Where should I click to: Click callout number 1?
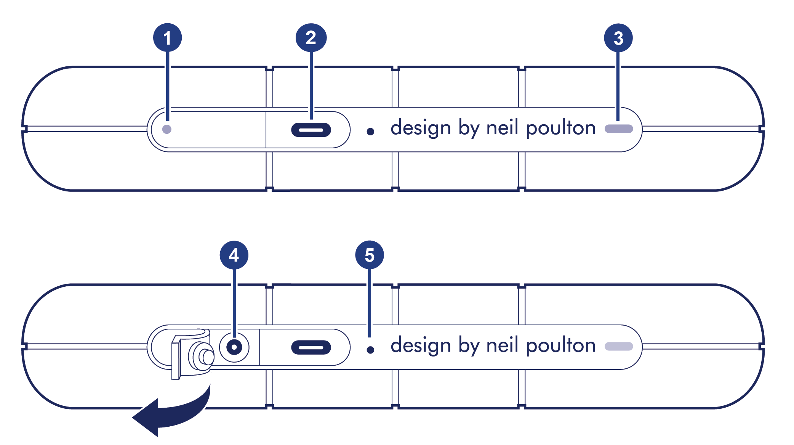pos(167,38)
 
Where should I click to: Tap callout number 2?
pos(311,38)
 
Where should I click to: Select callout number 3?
pos(618,38)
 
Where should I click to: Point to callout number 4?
pos(234,255)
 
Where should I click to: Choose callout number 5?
pos(369,255)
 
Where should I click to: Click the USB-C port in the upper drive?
pos(311,130)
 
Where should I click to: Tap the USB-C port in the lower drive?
pos(311,347)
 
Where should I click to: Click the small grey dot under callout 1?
pos(167,129)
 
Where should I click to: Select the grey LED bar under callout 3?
pos(619,129)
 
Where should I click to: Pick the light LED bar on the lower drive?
pos(619,346)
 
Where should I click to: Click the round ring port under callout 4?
pos(234,347)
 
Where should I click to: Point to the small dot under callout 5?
pos(370,350)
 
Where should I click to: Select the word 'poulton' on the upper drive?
pos(560,128)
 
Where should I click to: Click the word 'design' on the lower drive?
pos(421,346)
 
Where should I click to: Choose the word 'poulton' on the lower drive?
pos(560,346)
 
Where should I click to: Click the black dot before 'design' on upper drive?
pos(370,132)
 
